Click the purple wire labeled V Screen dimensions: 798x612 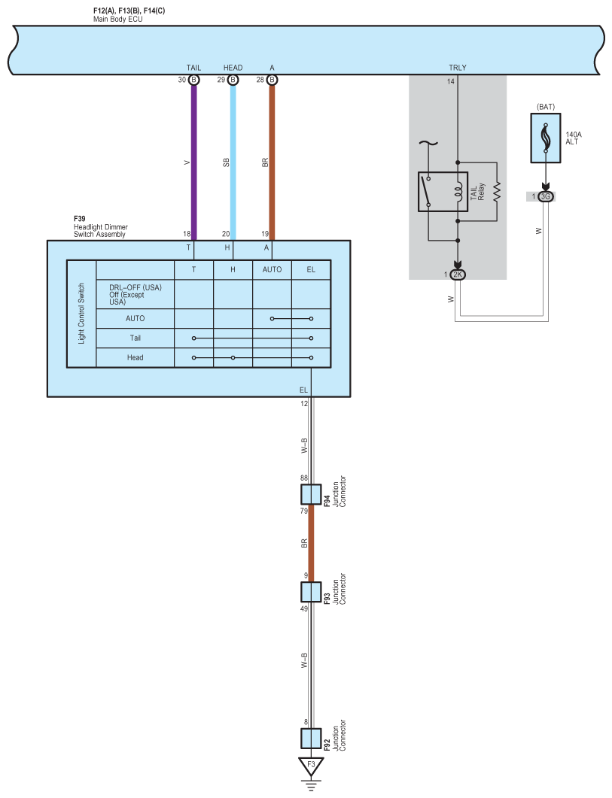(193, 162)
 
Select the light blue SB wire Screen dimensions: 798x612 (233, 162)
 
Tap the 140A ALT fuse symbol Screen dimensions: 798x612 (545, 138)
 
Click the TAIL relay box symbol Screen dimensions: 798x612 (443, 192)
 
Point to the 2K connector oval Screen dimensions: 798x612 (457, 275)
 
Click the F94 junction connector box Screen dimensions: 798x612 (311, 494)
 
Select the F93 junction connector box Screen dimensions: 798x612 (311, 592)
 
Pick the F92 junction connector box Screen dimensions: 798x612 (311, 738)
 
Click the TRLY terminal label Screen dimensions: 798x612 (457, 68)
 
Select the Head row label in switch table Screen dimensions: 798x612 (135, 358)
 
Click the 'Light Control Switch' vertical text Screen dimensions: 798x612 (81, 314)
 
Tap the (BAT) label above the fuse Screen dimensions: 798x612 (546, 107)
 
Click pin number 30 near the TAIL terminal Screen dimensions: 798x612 (182, 80)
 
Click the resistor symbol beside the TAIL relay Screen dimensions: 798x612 (497, 192)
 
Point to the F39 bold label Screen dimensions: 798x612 (80, 220)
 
